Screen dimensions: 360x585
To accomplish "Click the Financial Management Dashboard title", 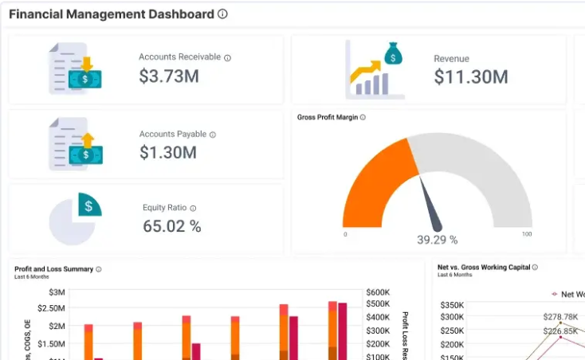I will click(111, 14).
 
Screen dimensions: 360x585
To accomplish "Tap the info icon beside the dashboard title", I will click(222, 14).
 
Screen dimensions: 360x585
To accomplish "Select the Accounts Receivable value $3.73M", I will click(168, 76).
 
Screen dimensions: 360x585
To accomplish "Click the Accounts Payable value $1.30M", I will click(168, 152).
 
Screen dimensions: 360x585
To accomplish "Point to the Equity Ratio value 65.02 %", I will click(172, 226).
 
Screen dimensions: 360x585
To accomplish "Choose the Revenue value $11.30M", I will click(471, 76).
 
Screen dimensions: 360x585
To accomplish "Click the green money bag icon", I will click(392, 53).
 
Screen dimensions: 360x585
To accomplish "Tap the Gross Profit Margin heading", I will click(327, 118).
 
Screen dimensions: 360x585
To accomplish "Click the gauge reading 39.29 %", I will click(438, 239).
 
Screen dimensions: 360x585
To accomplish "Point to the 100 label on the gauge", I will click(526, 234).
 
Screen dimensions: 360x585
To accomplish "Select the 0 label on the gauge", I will click(345, 234).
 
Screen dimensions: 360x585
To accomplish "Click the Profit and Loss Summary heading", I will click(53, 269).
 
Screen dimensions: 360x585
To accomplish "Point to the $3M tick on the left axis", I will click(57, 292).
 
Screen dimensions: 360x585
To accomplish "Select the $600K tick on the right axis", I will click(378, 292).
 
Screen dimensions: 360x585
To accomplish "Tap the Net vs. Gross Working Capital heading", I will click(483, 268).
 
